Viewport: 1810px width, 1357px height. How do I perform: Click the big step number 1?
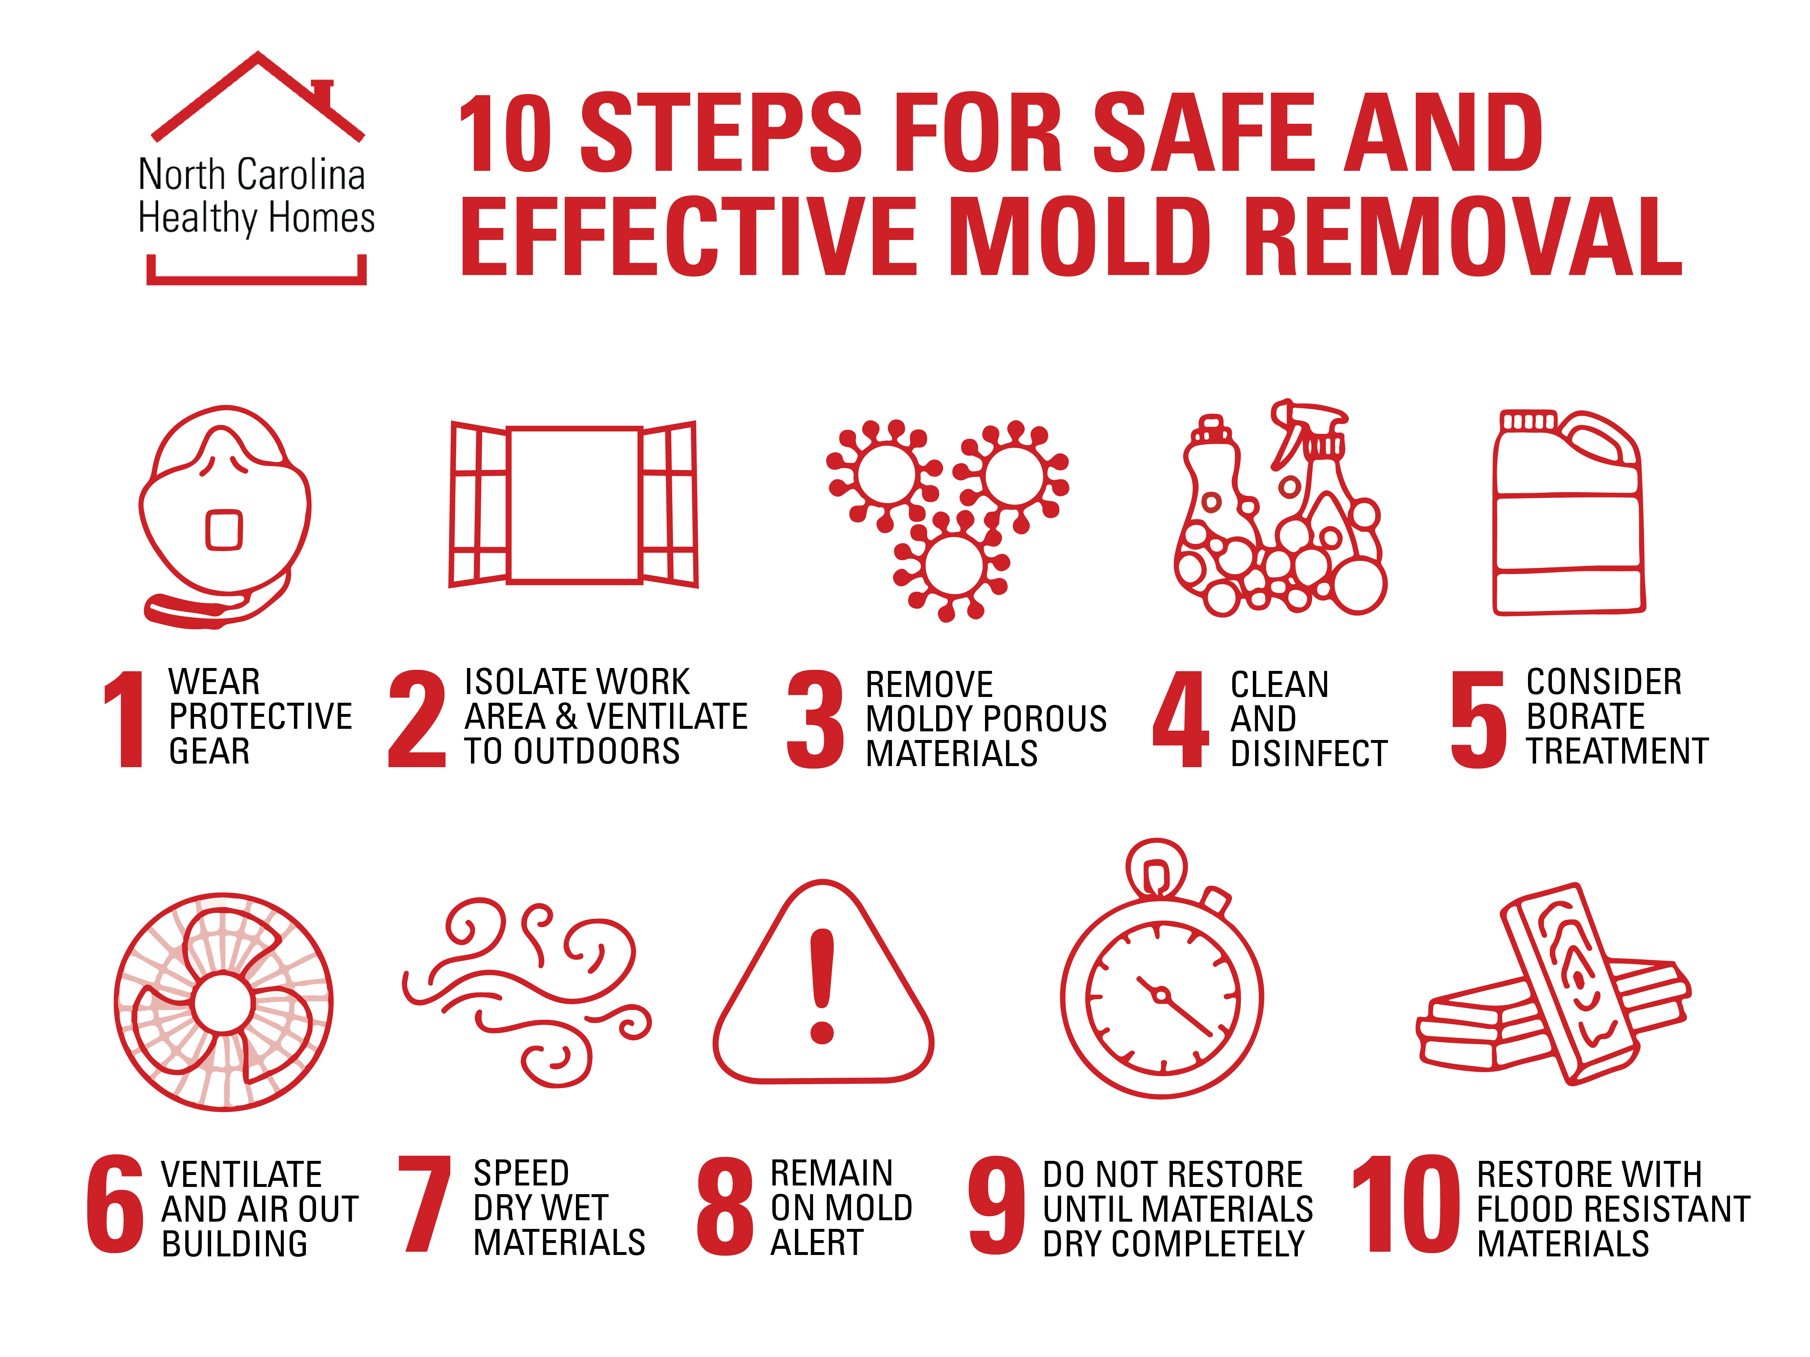click(x=125, y=718)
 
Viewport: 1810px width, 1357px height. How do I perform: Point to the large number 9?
click(x=996, y=1205)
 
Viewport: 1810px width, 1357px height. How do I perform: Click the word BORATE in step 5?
click(x=1585, y=716)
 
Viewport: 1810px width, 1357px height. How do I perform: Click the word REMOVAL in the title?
click(x=1463, y=237)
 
